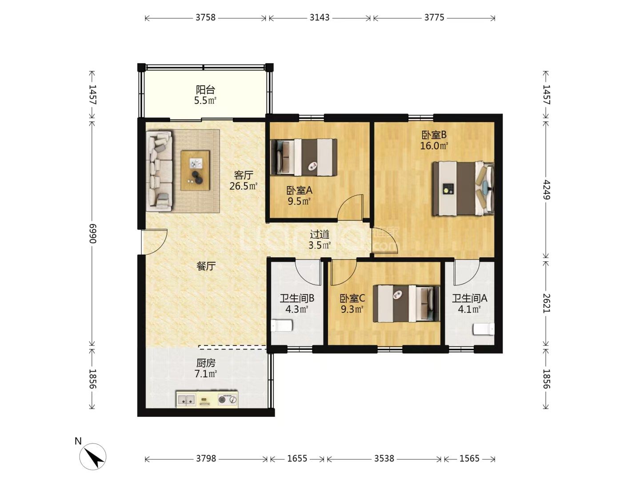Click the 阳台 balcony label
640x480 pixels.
tap(205, 89)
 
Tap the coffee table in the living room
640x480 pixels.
tap(195, 171)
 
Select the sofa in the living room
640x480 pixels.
tap(159, 171)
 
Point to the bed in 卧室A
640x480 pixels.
tap(304, 157)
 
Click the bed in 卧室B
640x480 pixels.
tap(463, 189)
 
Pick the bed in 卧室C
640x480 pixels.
tap(407, 304)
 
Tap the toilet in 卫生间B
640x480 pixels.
tap(282, 325)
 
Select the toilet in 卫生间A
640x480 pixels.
tap(484, 329)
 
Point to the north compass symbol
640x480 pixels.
tap(93, 456)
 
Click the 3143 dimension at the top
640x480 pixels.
tap(319, 18)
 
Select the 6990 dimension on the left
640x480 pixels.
tap(92, 233)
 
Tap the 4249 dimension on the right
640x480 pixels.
tap(546, 190)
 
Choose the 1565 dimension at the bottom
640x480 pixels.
tap(469, 459)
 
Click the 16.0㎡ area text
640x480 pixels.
tap(434, 146)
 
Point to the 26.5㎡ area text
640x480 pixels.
tap(243, 186)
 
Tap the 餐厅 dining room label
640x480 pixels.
tap(206, 266)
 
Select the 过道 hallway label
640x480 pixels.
tap(320, 234)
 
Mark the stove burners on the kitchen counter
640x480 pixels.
tap(228, 400)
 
